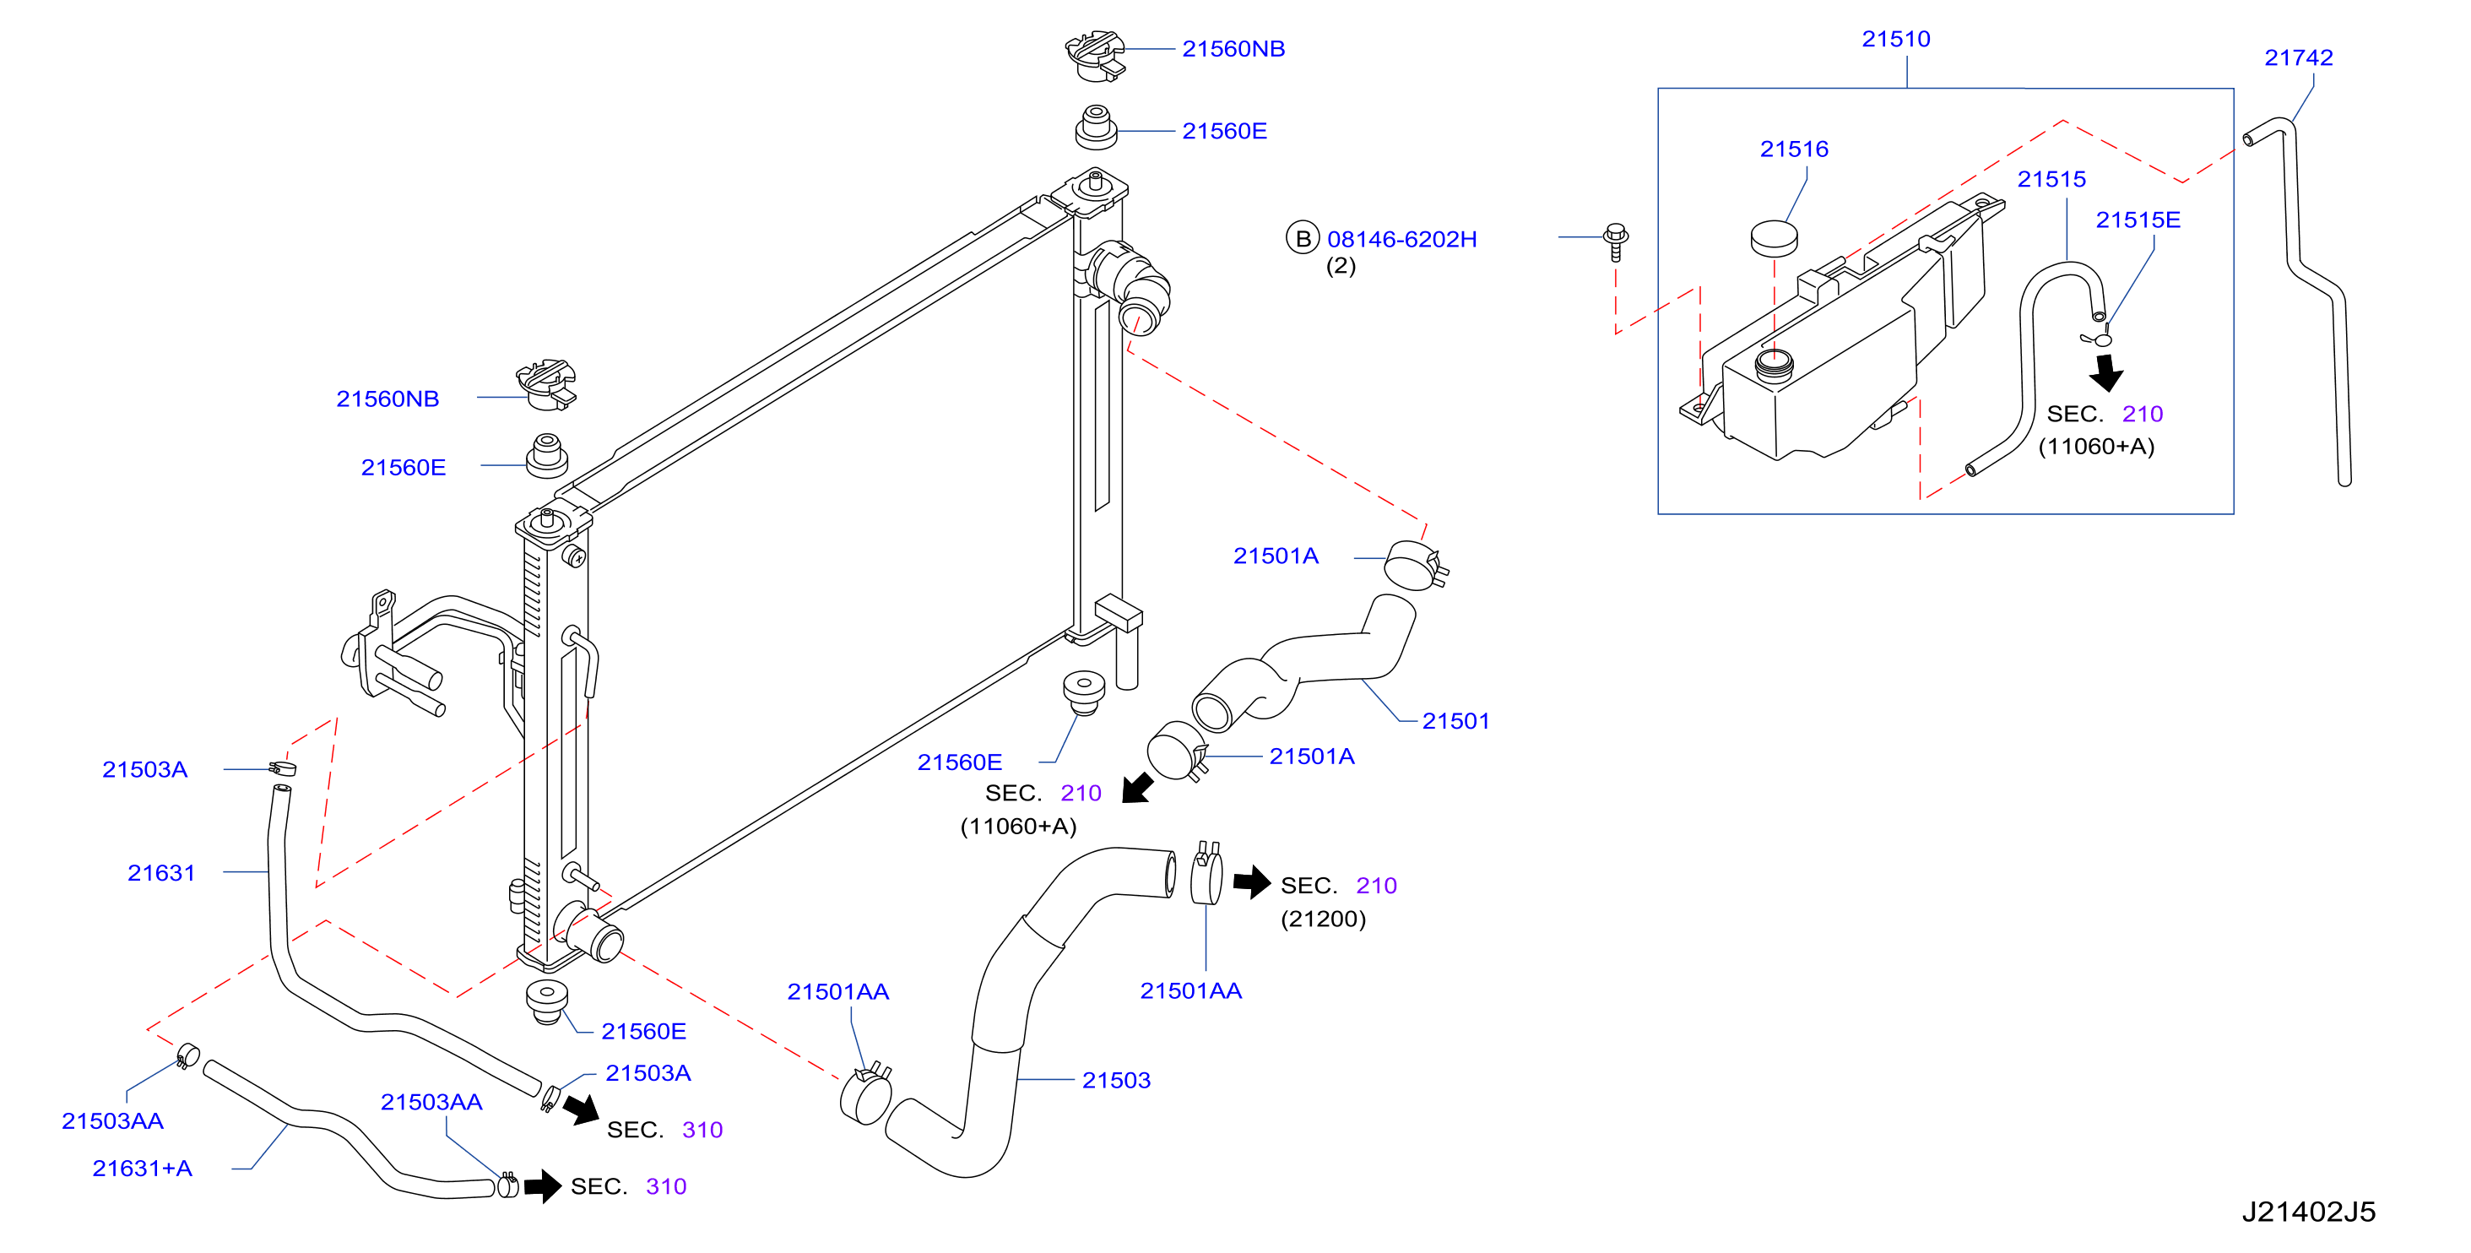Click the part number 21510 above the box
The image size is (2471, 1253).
(1895, 40)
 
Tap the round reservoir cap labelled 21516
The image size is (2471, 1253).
(1774, 239)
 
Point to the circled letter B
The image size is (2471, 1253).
(1303, 239)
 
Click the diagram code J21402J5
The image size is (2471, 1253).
(2308, 1212)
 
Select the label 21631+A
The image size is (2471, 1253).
(142, 1169)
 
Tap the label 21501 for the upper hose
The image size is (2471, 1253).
(1455, 721)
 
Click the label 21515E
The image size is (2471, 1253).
(2138, 220)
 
